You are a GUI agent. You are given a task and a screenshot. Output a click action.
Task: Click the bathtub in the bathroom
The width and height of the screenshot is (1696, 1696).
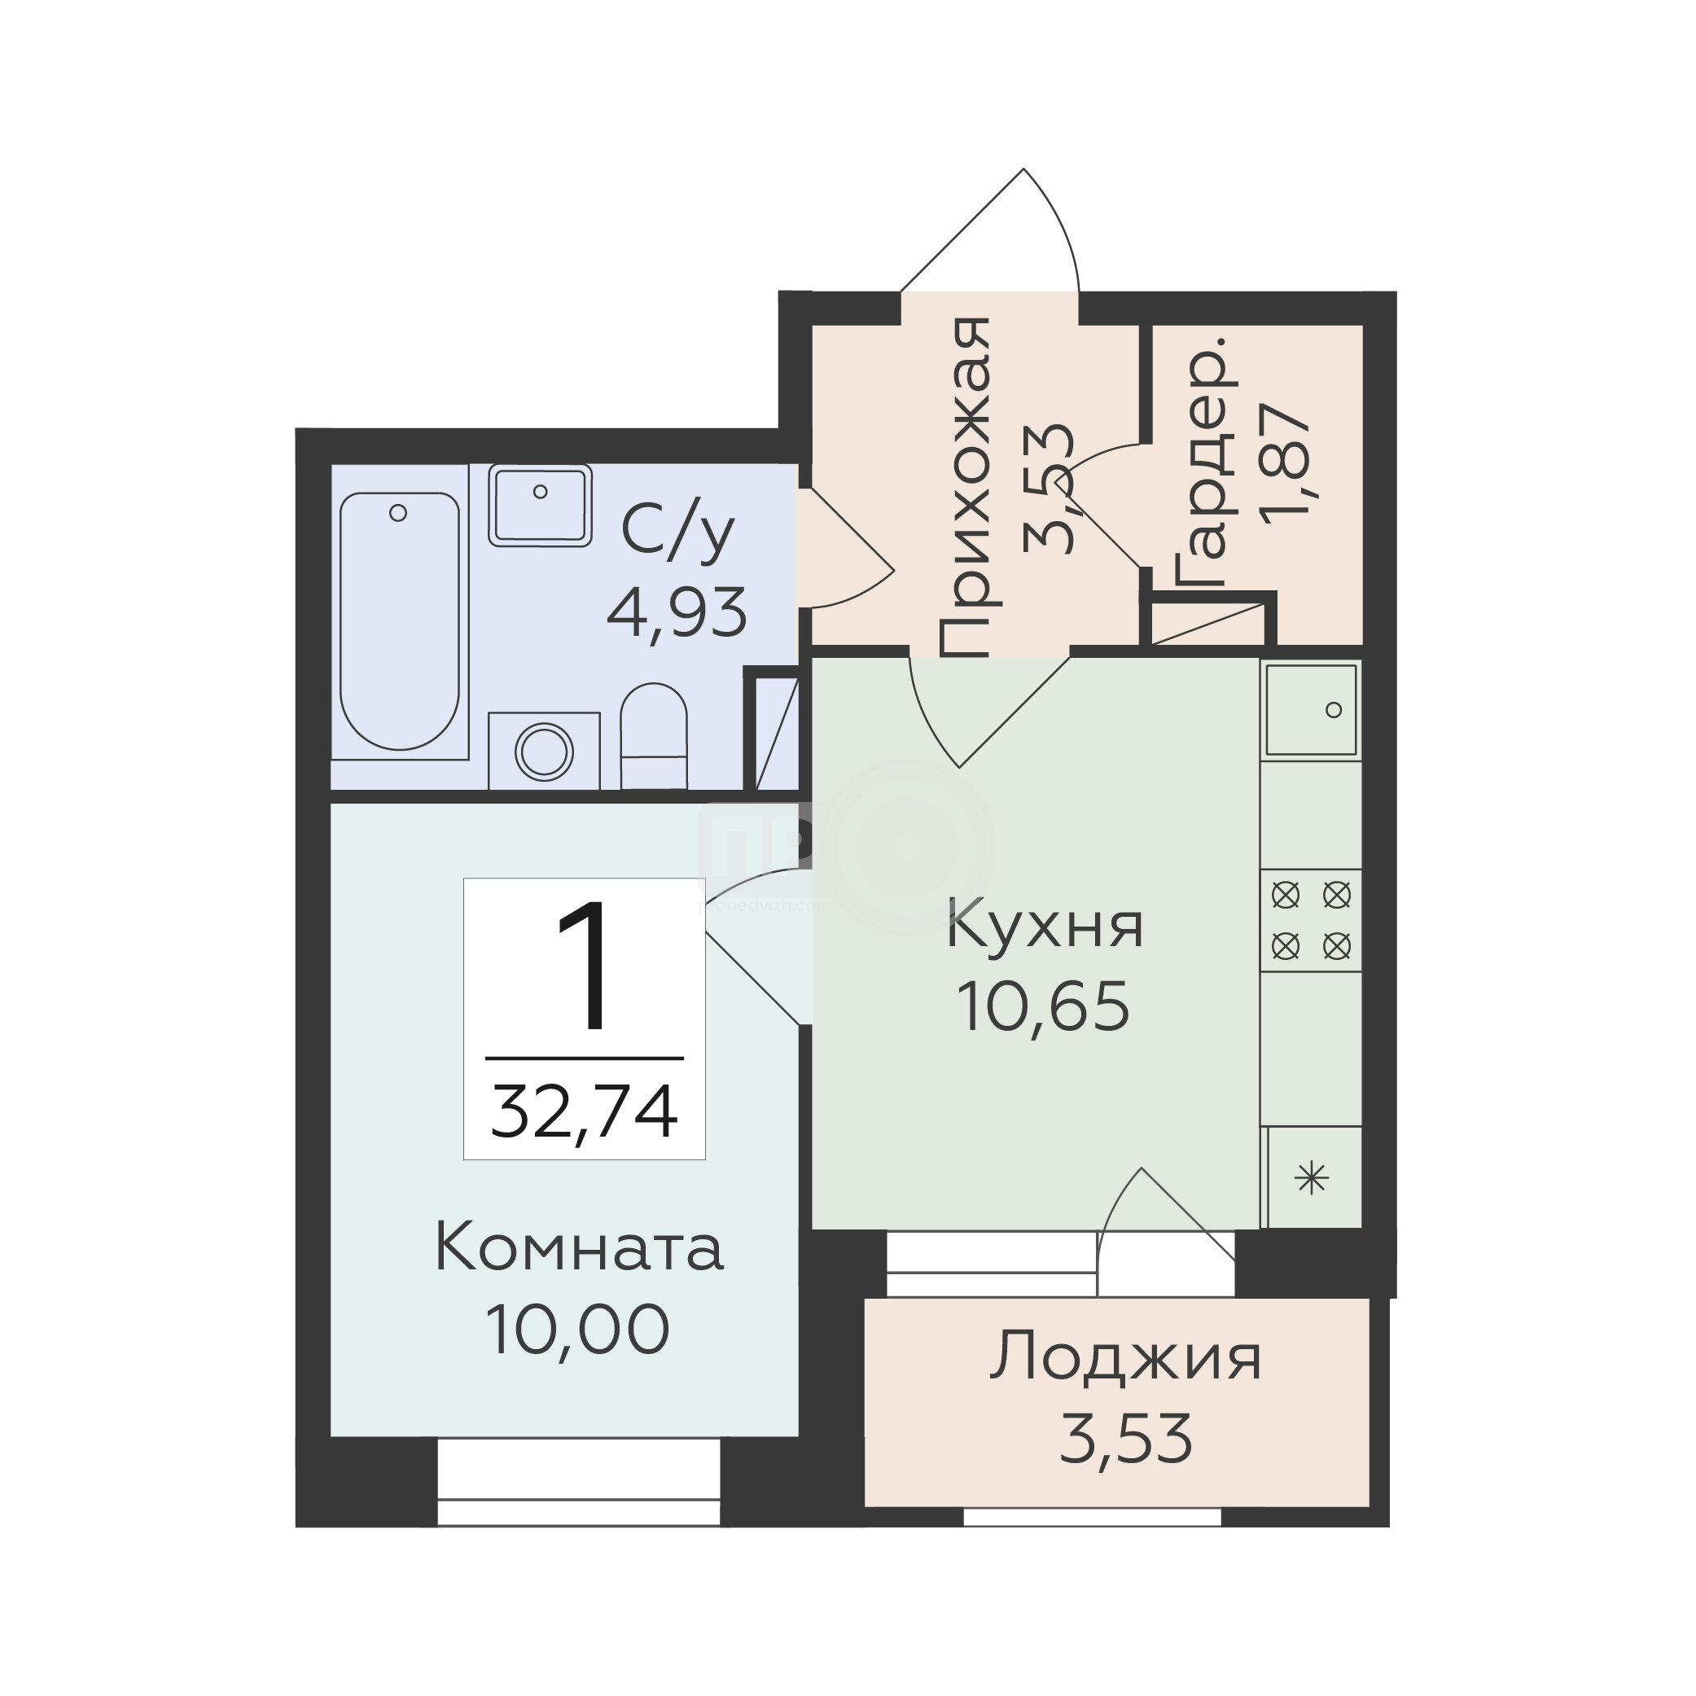(400, 620)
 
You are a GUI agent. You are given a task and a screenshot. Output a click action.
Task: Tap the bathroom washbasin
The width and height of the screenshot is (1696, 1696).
(540, 506)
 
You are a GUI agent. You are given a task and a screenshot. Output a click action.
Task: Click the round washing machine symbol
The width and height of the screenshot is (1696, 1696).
(544, 752)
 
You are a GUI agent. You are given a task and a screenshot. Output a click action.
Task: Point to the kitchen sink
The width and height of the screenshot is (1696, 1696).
(1311, 709)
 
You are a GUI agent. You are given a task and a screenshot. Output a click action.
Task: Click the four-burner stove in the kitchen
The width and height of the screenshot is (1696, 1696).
(1311, 921)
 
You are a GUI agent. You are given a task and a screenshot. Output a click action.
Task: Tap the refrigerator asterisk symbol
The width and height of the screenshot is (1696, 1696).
(1313, 1177)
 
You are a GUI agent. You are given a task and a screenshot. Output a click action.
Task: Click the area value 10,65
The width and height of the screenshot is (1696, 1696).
(1043, 1007)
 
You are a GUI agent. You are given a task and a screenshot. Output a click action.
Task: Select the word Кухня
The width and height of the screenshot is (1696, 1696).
(1045, 927)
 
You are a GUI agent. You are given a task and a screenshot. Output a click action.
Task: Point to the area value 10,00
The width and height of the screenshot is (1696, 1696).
(576, 1330)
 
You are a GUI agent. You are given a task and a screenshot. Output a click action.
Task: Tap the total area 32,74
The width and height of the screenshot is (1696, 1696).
(584, 1111)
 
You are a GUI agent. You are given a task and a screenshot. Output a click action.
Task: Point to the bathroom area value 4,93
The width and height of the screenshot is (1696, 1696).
(677, 613)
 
